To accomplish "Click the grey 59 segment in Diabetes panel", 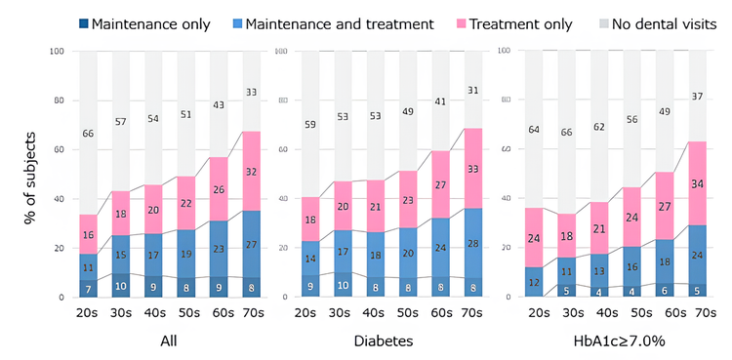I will (x=310, y=124).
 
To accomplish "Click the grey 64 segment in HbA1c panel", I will (x=533, y=129).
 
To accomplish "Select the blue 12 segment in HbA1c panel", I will (x=533, y=282).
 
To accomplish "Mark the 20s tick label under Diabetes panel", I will (x=310, y=313).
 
